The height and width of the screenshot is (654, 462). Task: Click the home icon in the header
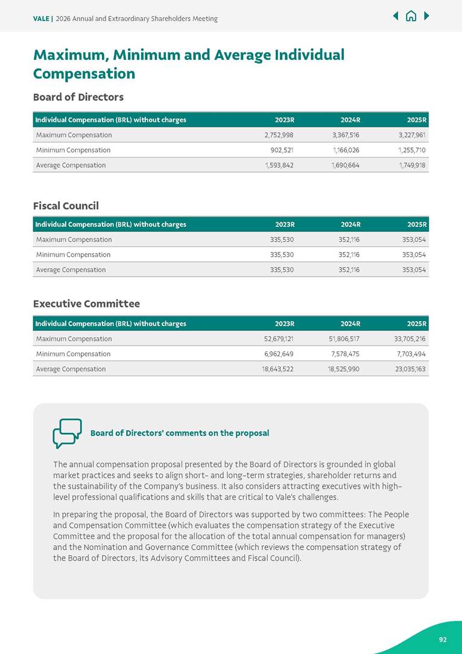point(411,16)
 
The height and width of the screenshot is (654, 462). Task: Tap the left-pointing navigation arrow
point(396,16)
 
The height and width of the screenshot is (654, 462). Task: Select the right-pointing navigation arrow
point(426,16)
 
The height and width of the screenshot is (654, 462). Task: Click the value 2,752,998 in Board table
point(279,135)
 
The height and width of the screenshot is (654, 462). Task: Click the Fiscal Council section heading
point(66,206)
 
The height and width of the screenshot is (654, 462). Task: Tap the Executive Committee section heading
point(86,304)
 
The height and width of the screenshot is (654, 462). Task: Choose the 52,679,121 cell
point(277,339)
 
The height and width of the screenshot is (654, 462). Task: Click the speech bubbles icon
point(67,433)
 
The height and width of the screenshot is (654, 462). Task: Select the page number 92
point(443,640)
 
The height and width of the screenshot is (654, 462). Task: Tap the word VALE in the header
point(41,19)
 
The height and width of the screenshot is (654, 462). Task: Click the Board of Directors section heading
point(78,97)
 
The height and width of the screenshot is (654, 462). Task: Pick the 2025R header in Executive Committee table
point(417,324)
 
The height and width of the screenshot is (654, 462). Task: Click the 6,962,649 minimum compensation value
point(279,354)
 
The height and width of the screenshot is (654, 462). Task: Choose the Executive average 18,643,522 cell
point(277,370)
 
